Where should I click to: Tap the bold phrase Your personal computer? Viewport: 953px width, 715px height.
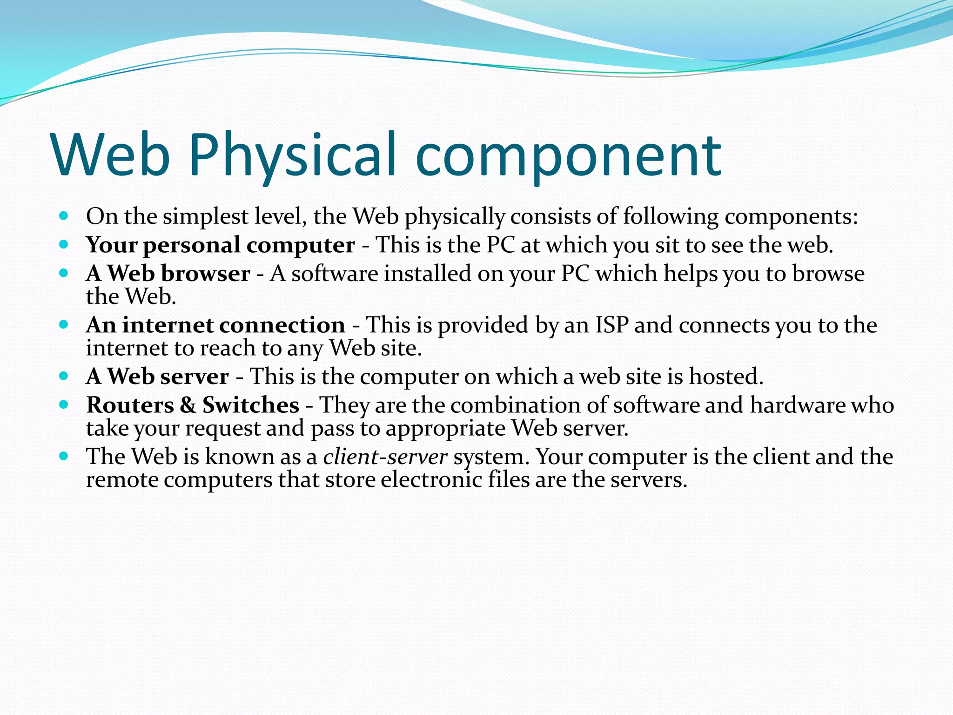[220, 245]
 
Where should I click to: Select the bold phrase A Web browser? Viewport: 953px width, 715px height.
[168, 274]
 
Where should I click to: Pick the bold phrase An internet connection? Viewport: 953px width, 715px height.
[215, 325]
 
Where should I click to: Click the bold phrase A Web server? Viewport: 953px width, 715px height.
[157, 377]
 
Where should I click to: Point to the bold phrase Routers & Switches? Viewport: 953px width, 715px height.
[193, 405]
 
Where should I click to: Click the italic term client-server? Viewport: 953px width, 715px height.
[385, 457]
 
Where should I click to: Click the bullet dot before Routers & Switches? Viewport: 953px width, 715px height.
[64, 404]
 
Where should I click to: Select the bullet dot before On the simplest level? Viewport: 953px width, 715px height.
[64, 216]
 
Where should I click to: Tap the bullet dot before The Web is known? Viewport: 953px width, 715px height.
[64, 456]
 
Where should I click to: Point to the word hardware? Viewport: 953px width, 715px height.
[798, 405]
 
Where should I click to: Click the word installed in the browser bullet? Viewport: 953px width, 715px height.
[428, 274]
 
